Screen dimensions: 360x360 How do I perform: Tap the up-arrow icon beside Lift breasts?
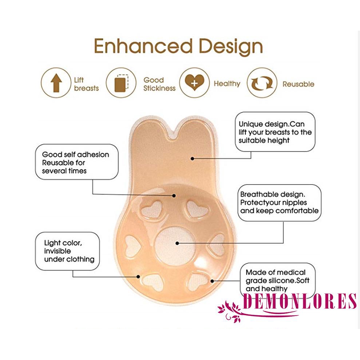pos(56,83)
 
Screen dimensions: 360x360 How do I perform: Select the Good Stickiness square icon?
pos(120,83)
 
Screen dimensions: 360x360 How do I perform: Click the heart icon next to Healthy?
pos(194,83)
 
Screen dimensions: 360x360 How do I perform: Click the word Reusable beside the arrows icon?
pos(298,84)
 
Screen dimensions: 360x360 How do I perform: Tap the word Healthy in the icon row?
pos(227,84)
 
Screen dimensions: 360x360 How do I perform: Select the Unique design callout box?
pos(275,132)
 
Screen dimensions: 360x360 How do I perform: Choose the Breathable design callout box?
pos(279,202)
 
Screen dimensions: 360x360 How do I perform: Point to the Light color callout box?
pos(67,251)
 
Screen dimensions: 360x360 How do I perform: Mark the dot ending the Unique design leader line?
pos(192,158)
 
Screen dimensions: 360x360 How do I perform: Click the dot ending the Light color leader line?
pos(139,277)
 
